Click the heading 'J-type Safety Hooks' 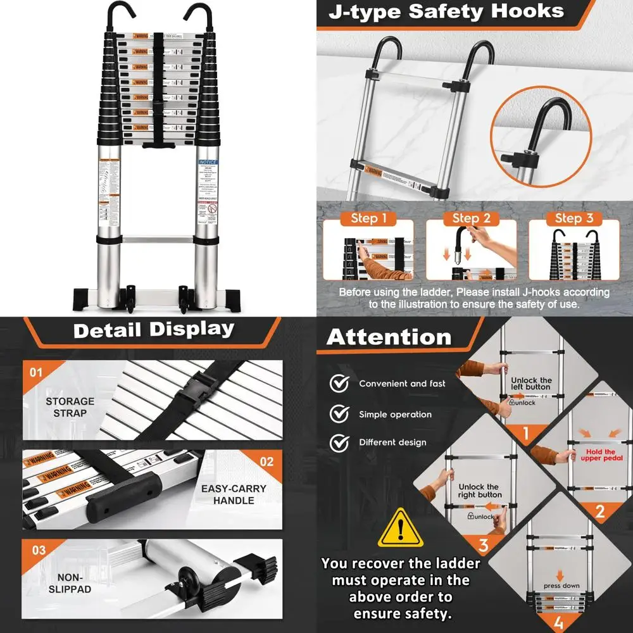(446, 12)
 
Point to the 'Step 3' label (574, 218)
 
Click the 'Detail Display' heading (154, 329)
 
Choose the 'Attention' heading (389, 337)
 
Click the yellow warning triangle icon (400, 529)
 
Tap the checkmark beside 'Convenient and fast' (340, 384)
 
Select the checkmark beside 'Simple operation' (340, 414)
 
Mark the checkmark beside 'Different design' (340, 442)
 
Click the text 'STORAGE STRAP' (70, 407)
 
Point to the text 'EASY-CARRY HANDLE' (234, 494)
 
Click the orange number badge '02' (266, 461)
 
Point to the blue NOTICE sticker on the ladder (207, 162)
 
